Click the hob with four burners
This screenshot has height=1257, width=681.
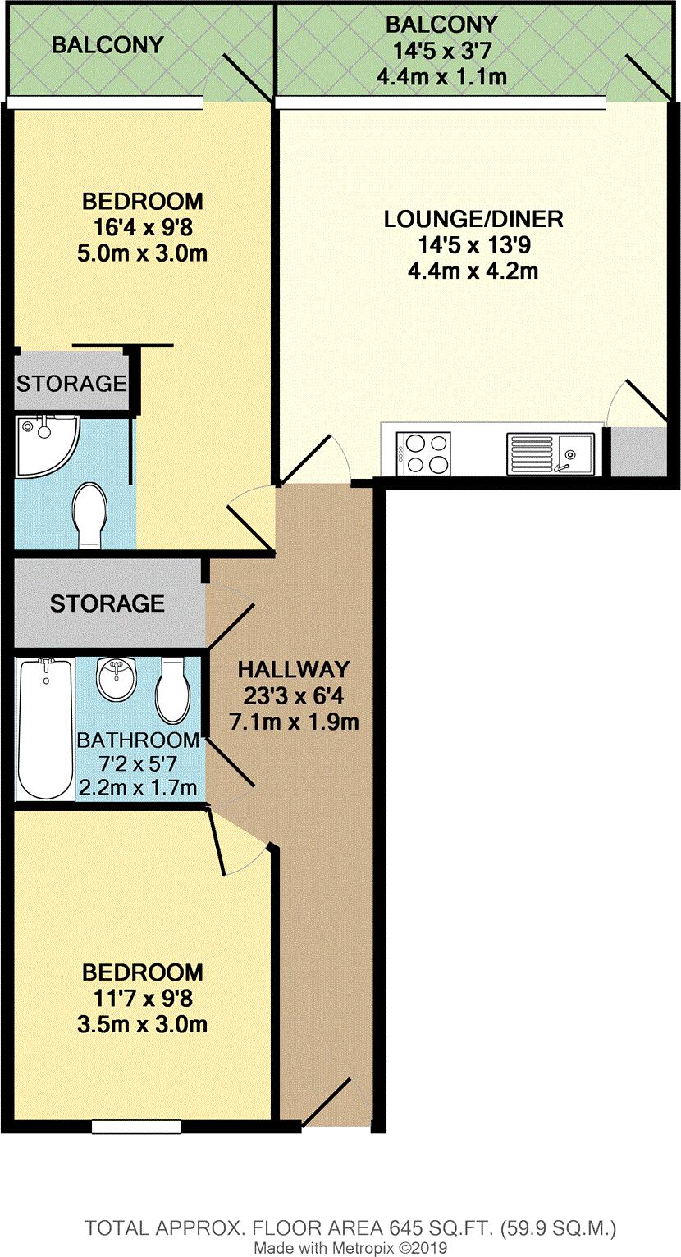point(423,453)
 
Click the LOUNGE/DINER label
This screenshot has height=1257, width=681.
point(473,220)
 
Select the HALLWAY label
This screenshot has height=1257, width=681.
point(294,670)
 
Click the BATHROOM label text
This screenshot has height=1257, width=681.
point(138,740)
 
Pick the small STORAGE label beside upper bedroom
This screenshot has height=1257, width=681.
point(72,383)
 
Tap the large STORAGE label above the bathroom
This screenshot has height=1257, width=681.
point(107,604)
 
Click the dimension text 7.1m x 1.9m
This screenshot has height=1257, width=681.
point(294,722)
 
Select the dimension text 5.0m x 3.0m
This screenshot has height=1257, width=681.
point(143,253)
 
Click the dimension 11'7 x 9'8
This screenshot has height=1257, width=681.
point(143,998)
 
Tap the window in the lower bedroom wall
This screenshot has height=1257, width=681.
point(135,1127)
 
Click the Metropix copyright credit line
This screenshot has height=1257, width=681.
point(350,1247)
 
